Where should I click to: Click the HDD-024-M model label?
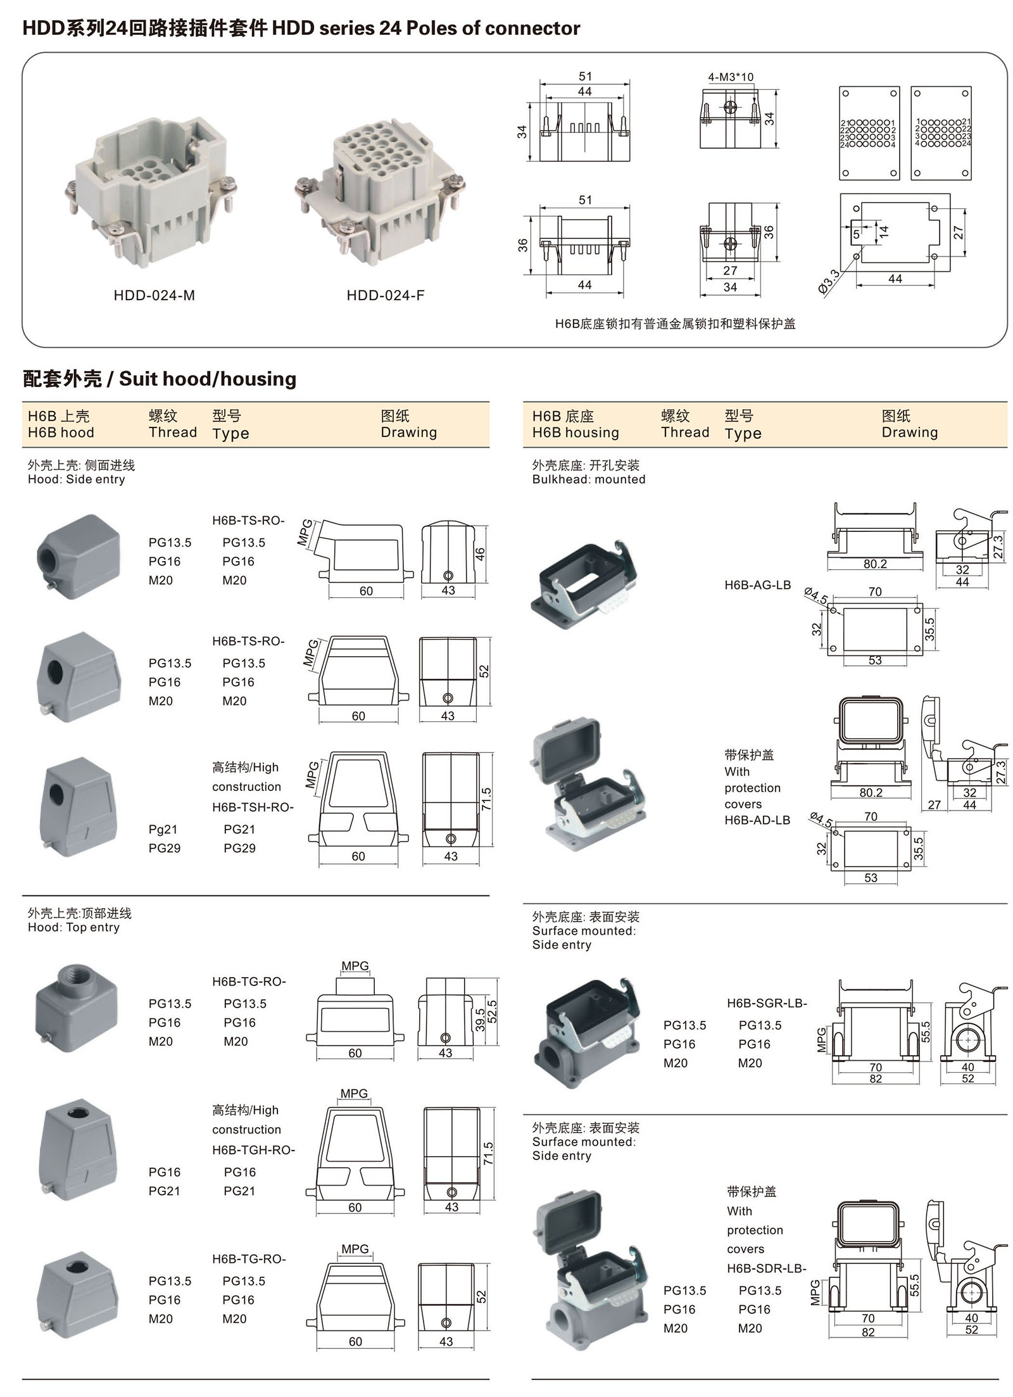tap(154, 295)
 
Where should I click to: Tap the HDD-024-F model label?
tap(385, 295)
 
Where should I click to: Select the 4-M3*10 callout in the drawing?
tap(730, 77)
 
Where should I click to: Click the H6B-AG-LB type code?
tap(757, 585)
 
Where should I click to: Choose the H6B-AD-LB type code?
tap(757, 820)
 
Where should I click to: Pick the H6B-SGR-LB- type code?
tap(767, 1003)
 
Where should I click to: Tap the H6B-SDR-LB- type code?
tap(766, 1268)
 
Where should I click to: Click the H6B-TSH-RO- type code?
tap(253, 807)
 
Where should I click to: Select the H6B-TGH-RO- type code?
tap(253, 1150)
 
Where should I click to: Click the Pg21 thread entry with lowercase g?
tap(163, 829)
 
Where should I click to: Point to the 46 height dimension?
tap(480, 553)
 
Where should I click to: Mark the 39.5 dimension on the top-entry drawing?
tap(480, 1020)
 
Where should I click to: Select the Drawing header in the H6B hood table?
tap(408, 433)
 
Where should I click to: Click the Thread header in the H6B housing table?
tap(684, 433)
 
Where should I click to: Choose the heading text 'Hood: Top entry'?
tap(73, 928)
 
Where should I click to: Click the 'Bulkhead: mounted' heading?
tap(588, 479)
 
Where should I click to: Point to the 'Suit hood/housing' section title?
tap(208, 379)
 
